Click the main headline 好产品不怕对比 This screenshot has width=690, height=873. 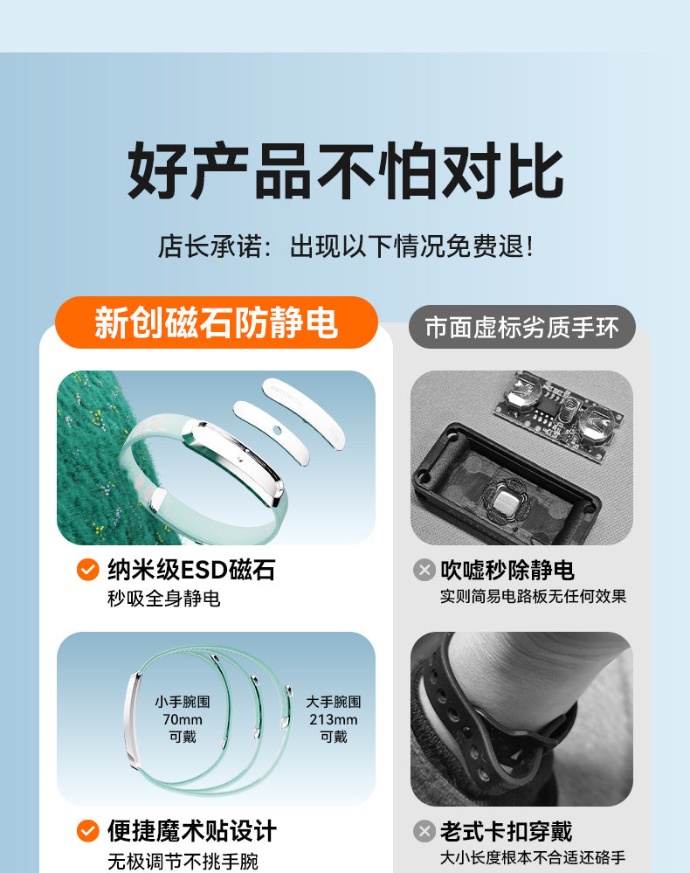click(x=345, y=170)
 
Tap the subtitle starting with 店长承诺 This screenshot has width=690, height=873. click(x=345, y=246)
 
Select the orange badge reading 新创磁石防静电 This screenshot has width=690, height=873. click(x=217, y=322)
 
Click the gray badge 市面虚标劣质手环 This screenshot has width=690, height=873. click(x=522, y=327)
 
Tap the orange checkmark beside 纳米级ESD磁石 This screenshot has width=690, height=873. click(x=88, y=570)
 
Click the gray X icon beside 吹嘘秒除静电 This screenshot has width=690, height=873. click(x=424, y=570)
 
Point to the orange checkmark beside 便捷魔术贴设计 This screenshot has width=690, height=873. click(x=88, y=831)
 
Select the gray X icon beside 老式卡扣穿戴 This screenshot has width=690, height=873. click(x=424, y=831)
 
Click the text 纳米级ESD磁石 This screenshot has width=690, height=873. click(x=191, y=570)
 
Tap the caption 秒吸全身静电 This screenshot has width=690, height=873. click(x=163, y=599)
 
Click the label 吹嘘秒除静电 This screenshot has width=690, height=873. click(x=507, y=570)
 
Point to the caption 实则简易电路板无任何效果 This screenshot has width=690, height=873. click(x=533, y=596)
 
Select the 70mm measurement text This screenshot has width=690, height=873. click(x=183, y=719)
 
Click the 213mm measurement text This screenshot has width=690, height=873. click(x=334, y=719)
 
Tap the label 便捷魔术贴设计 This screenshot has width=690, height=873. click(x=192, y=831)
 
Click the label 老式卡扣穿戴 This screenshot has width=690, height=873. click(x=507, y=832)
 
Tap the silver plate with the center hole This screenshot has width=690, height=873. click(x=271, y=430)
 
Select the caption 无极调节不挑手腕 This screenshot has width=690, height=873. click(x=183, y=862)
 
